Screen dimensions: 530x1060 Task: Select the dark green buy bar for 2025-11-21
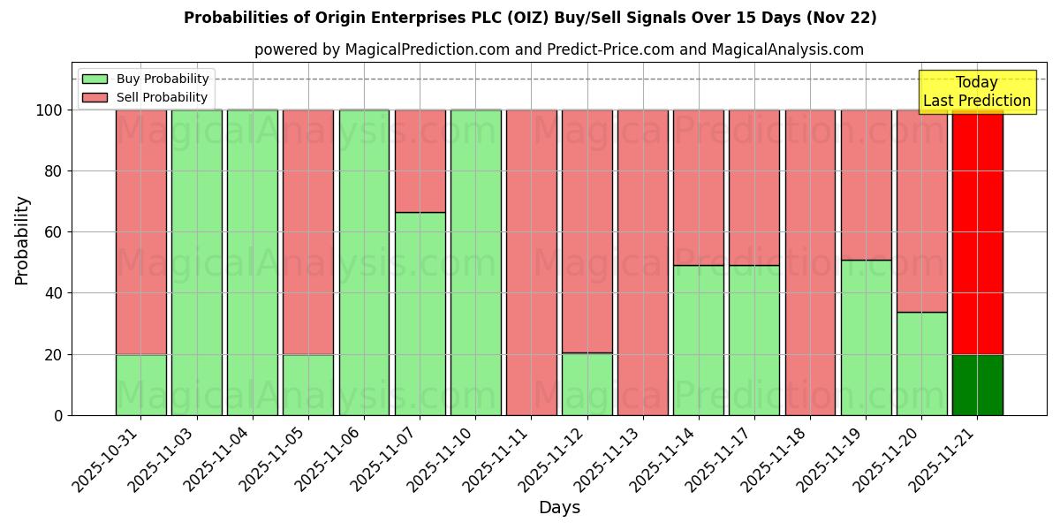pos(977,385)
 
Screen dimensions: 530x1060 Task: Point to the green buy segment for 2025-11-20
pos(921,363)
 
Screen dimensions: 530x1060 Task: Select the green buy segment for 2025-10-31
pos(140,385)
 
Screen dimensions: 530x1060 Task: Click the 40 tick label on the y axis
pos(54,293)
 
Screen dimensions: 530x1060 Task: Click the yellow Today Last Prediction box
pos(976,92)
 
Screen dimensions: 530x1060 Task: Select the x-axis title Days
pos(559,508)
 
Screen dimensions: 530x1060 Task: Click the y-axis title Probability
pos(22,240)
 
